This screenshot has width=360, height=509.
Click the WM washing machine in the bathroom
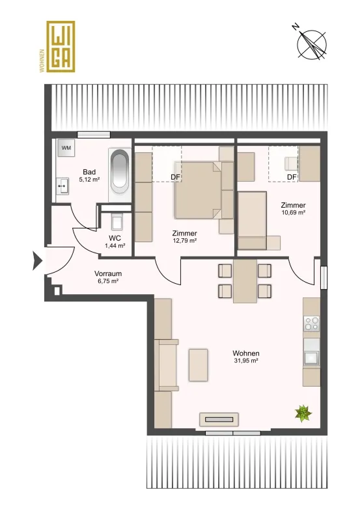click(x=66, y=148)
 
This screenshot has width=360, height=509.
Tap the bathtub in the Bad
click(x=120, y=172)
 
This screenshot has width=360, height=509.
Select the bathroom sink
click(x=62, y=186)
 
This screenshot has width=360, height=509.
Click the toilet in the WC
click(x=117, y=222)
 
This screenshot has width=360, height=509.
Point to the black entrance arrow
click(x=37, y=260)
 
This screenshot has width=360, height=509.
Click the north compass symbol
click(x=312, y=45)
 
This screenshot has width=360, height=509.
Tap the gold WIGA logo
click(x=61, y=46)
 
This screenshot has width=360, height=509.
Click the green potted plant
click(x=303, y=413)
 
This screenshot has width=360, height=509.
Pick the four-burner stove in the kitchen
click(x=312, y=323)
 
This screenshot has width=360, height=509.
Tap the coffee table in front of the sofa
click(x=199, y=365)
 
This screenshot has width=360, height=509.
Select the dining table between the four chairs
click(x=245, y=281)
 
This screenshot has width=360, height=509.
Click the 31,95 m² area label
click(x=246, y=361)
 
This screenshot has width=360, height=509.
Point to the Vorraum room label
click(x=108, y=273)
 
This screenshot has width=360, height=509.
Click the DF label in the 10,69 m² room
click(x=292, y=177)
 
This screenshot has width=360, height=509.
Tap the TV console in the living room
click(x=219, y=419)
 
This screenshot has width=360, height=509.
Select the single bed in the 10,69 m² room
click(x=252, y=221)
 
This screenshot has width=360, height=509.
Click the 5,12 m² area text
click(x=89, y=179)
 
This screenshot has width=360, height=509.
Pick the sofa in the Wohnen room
click(x=167, y=365)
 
